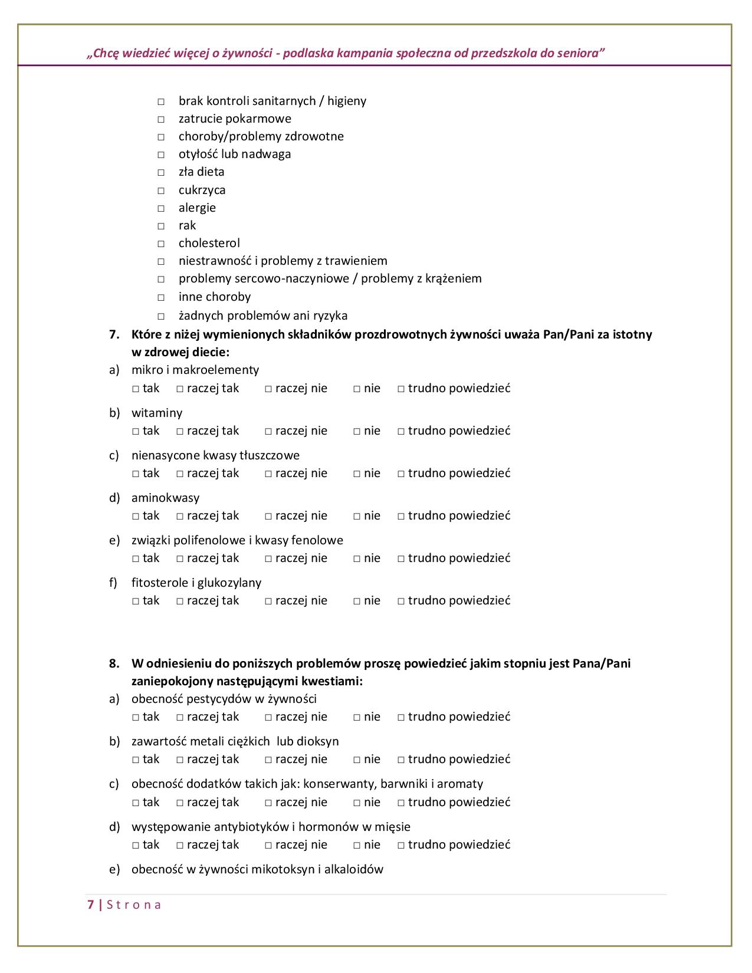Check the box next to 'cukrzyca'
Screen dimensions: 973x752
click(160, 191)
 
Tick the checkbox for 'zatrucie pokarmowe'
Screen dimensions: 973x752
click(160, 120)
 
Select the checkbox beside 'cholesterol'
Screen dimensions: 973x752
click(160, 244)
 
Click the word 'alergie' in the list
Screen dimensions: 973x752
click(197, 208)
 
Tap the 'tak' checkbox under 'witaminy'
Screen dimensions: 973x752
click(136, 432)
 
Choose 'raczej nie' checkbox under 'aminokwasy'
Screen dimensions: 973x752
click(268, 517)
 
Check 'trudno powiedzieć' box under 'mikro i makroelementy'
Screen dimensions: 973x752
click(401, 389)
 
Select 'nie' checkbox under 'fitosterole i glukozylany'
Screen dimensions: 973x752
click(357, 601)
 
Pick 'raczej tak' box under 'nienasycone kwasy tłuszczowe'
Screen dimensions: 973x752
click(180, 474)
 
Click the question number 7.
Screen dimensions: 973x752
click(114, 334)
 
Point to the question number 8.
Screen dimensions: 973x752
click(114, 663)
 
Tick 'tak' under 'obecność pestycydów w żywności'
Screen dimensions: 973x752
click(136, 718)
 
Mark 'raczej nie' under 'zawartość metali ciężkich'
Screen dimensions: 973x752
click(268, 760)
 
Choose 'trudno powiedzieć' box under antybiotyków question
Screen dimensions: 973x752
click(401, 846)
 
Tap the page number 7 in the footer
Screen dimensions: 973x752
click(90, 905)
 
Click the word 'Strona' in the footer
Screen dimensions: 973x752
click(134, 905)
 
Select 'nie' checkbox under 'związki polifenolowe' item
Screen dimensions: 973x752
click(357, 559)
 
